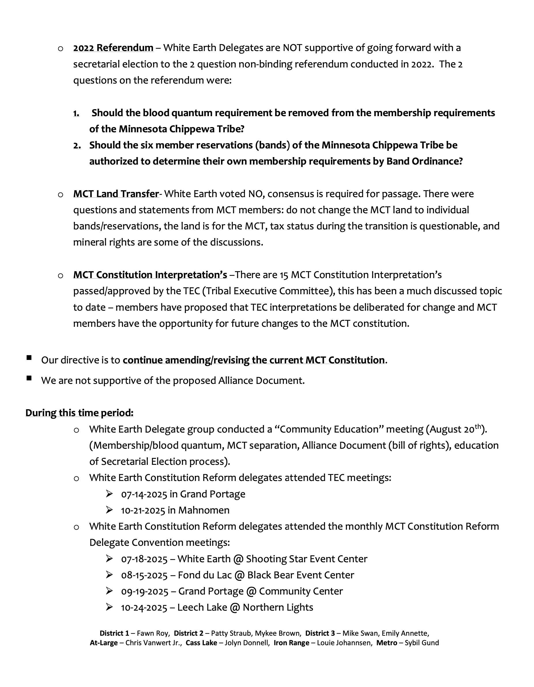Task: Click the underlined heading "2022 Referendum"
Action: [x=113, y=48]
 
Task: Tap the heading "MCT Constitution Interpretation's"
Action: [x=150, y=275]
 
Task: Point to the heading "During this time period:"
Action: [x=80, y=413]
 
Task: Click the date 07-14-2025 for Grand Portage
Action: [x=144, y=494]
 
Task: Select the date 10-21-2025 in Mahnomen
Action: [x=143, y=510]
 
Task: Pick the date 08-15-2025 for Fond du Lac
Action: [x=144, y=575]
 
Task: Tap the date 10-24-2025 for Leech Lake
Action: [x=144, y=607]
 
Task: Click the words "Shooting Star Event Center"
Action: [x=307, y=559]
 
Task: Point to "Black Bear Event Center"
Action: [x=301, y=575]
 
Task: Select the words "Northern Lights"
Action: [x=278, y=607]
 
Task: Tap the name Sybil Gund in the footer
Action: [x=422, y=643]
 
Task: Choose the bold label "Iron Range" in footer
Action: [x=292, y=643]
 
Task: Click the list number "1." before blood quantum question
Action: [x=76, y=113]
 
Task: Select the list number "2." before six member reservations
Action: [x=77, y=145]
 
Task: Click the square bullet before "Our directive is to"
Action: [x=29, y=358]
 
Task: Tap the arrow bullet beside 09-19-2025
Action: [x=110, y=591]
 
